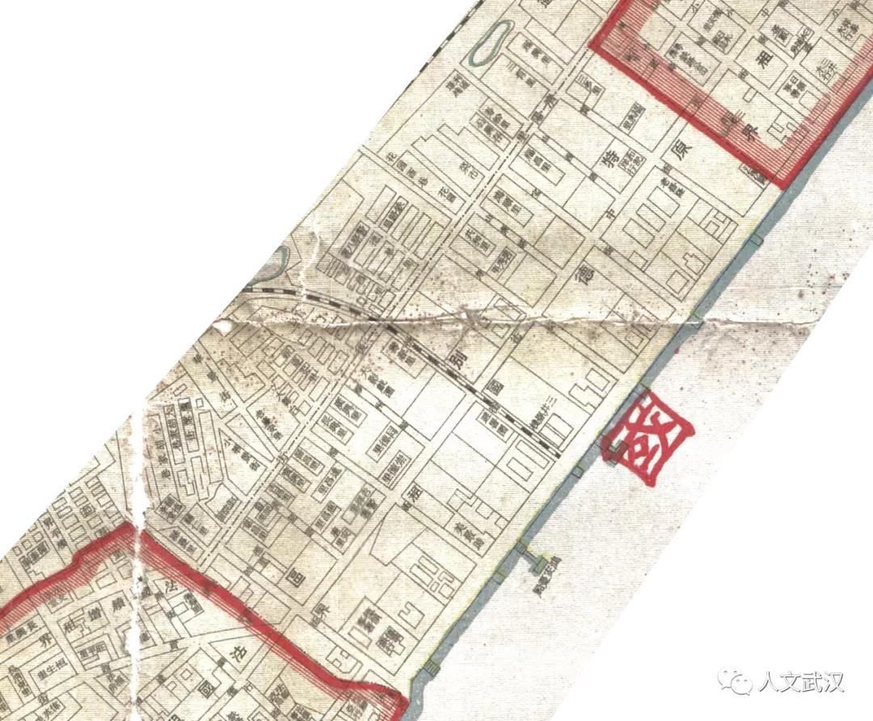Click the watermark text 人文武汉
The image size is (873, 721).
[x=800, y=683]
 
